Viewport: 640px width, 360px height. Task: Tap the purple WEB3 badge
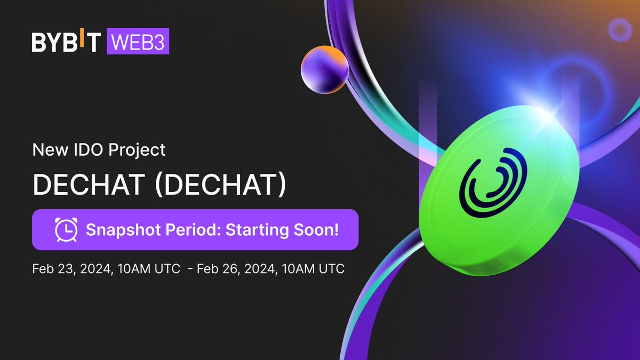click(138, 42)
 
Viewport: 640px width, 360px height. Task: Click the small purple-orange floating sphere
click(324, 71)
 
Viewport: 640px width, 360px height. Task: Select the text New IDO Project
click(99, 150)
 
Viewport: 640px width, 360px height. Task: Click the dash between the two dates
click(190, 269)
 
